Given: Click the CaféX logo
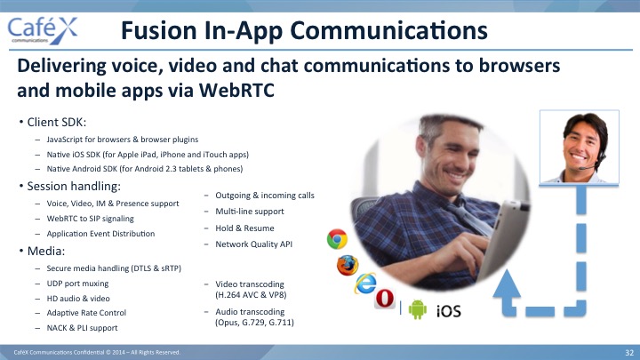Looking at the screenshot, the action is pos(43,30).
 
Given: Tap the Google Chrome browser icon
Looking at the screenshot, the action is pos(337,239).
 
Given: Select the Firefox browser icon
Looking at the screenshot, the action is pos(348,265).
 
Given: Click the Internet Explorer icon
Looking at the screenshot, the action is pos(365,284).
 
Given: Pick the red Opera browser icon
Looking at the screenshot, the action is pos(385,299).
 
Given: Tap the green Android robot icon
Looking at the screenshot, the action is pos(417,309).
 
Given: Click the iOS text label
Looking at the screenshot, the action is pos(449,311).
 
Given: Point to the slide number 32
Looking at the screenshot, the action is pos(629,353).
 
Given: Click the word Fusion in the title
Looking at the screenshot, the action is pos(159,30).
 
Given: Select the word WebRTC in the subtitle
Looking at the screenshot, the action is pos(236,90).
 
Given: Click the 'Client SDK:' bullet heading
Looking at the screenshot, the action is pos(56,122).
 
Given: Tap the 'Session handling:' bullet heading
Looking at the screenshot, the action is pos(74,186).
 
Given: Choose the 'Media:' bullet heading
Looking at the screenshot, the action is pos(45,251).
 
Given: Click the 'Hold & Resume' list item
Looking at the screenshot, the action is pos(244,228).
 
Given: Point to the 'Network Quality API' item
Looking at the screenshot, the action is pos(254,244).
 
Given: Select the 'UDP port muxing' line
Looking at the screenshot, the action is pos(77,284).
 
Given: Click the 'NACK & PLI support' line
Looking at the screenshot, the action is pos(82,328).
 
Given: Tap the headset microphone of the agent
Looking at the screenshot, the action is pos(587,167).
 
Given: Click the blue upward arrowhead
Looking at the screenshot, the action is pos(507,283).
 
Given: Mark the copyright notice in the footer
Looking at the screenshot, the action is pos(97,352).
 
